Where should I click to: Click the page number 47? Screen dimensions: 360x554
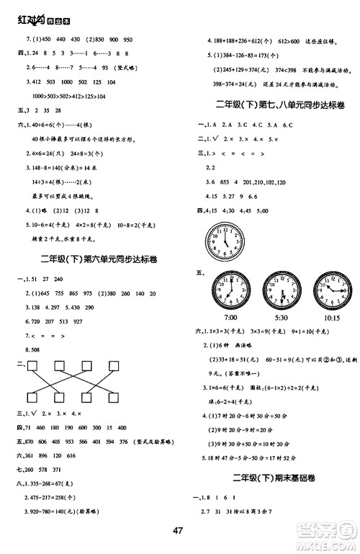coord(180,532)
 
